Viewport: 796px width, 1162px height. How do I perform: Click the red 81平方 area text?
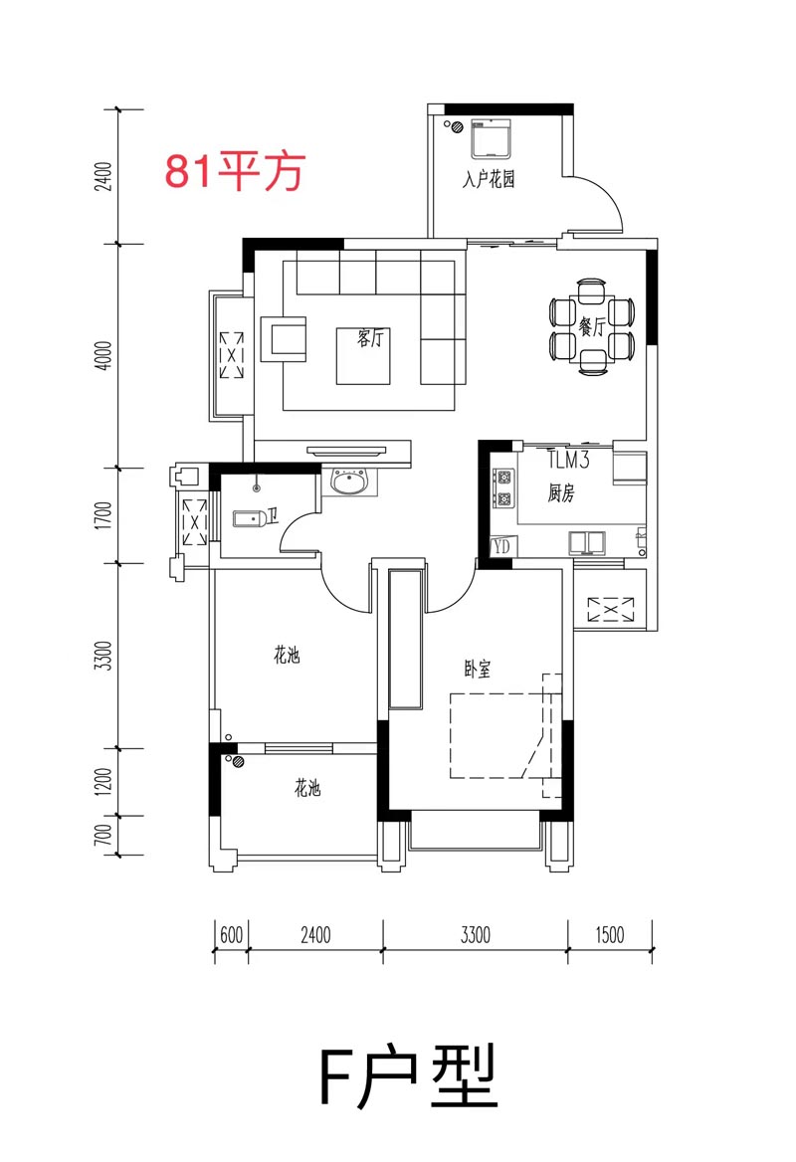pyautogui.click(x=233, y=172)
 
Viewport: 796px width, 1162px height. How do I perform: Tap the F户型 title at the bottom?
pyautogui.click(x=408, y=1078)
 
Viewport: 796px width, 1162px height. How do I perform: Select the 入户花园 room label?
pyautogui.click(x=489, y=181)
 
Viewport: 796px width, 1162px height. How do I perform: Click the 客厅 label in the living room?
pyautogui.click(x=369, y=339)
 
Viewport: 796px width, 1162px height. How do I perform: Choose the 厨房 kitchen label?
pyautogui.click(x=561, y=492)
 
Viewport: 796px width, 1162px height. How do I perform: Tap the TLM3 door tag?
pyautogui.click(x=570, y=460)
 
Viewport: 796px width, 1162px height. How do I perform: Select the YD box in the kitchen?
pyautogui.click(x=501, y=546)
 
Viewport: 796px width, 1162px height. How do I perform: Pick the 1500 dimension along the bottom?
pyautogui.click(x=609, y=934)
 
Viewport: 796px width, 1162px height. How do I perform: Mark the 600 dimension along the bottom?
pyautogui.click(x=231, y=934)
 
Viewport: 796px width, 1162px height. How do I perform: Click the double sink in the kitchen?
pyautogui.click(x=587, y=542)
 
